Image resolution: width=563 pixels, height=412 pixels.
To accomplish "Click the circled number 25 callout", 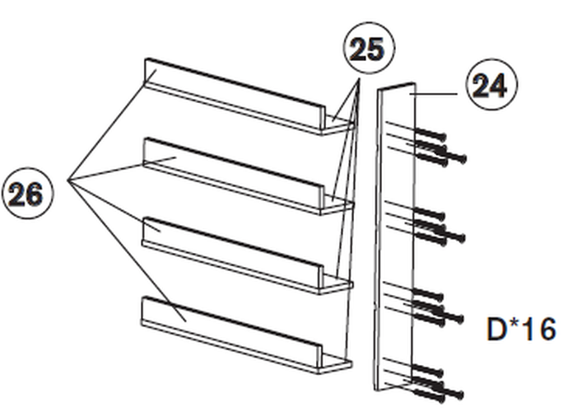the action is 370,48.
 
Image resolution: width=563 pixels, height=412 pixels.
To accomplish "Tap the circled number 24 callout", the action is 491,85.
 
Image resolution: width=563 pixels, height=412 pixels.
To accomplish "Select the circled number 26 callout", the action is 28,193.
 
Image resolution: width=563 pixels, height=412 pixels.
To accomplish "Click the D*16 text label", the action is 521,329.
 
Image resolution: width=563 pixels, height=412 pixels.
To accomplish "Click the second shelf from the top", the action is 248,176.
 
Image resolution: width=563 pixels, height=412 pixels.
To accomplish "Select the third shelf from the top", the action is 247,255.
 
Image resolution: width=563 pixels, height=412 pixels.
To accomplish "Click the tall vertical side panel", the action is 396,236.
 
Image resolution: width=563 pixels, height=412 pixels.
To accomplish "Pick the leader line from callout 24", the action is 434,94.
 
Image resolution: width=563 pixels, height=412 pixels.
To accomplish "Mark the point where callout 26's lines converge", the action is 68,180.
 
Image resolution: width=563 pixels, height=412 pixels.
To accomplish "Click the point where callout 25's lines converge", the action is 358,79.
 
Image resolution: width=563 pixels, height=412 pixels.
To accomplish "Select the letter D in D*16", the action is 496,329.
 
